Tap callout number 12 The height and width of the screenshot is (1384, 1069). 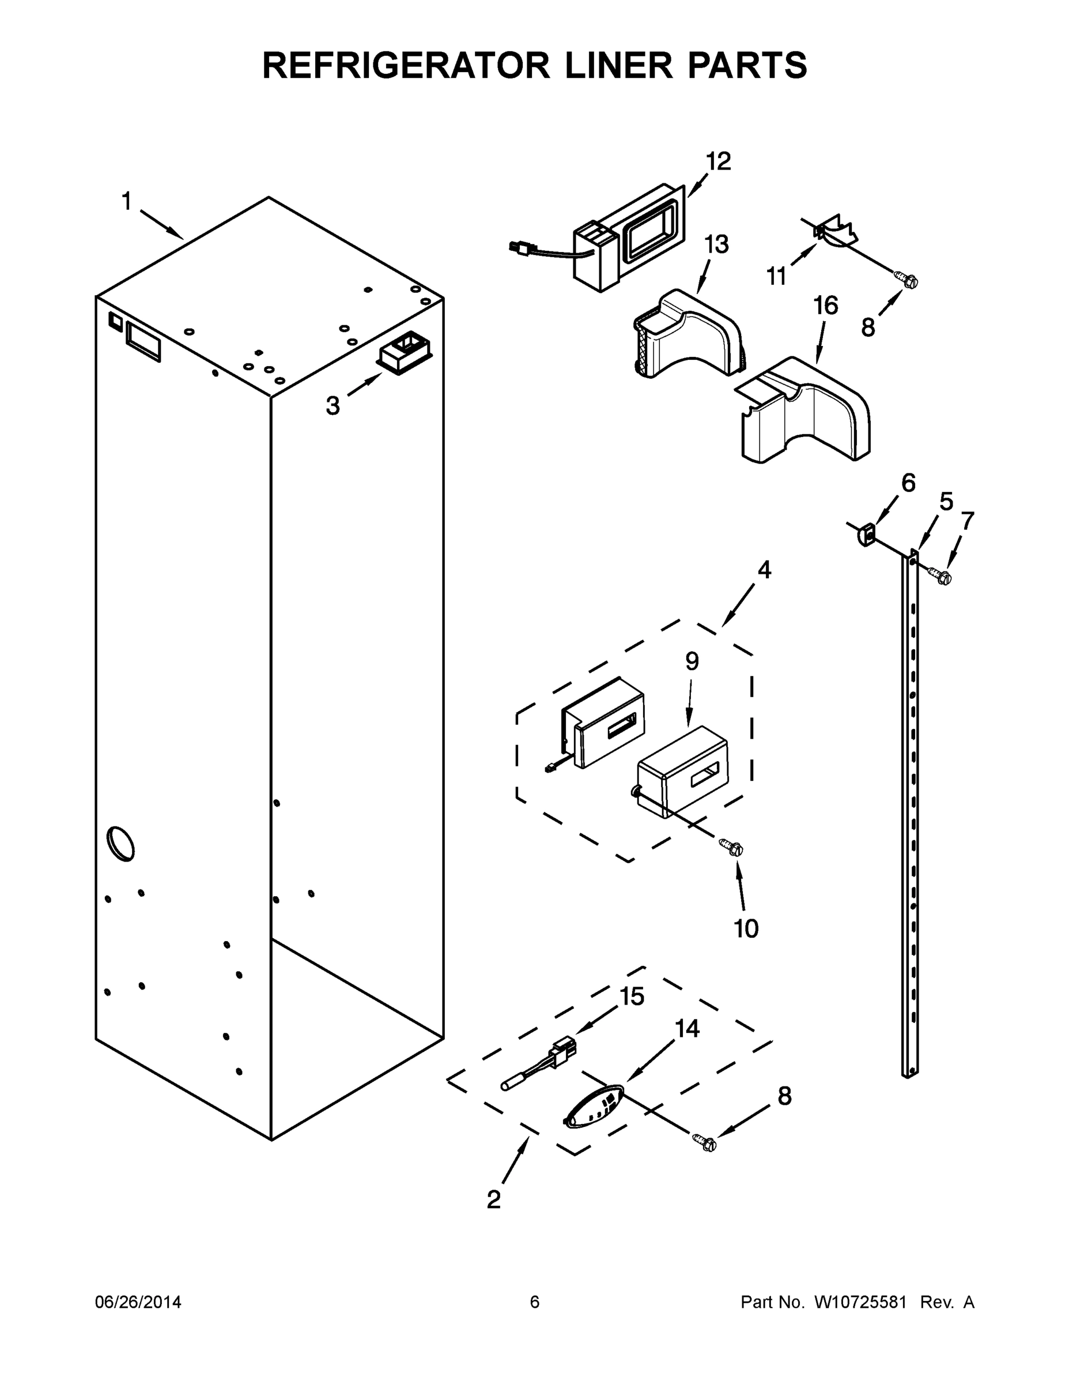(x=718, y=161)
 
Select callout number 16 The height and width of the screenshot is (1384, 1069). (x=825, y=306)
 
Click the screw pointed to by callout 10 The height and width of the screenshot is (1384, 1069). (x=732, y=847)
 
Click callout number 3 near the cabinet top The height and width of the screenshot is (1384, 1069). (x=333, y=405)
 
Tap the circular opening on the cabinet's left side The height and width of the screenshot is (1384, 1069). (x=120, y=844)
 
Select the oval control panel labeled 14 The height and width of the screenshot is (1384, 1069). (x=593, y=1107)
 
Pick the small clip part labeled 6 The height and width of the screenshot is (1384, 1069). (x=866, y=534)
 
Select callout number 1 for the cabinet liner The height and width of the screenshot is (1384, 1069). (x=127, y=201)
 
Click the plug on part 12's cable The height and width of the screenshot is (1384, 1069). (x=521, y=249)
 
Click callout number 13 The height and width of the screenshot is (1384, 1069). (x=716, y=244)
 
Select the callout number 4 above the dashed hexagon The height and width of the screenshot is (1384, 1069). (x=764, y=570)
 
